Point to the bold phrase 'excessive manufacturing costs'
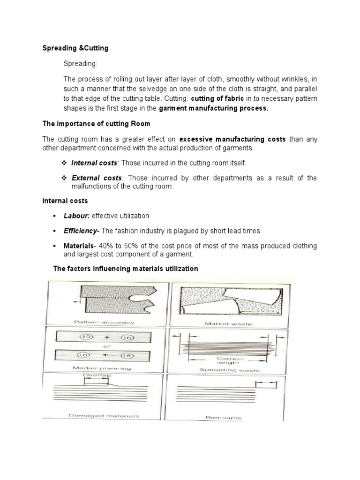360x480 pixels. (x=232, y=139)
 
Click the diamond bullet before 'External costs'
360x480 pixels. (x=65, y=178)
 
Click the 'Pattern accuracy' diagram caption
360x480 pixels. (x=104, y=322)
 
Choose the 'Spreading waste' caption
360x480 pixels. (x=229, y=370)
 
